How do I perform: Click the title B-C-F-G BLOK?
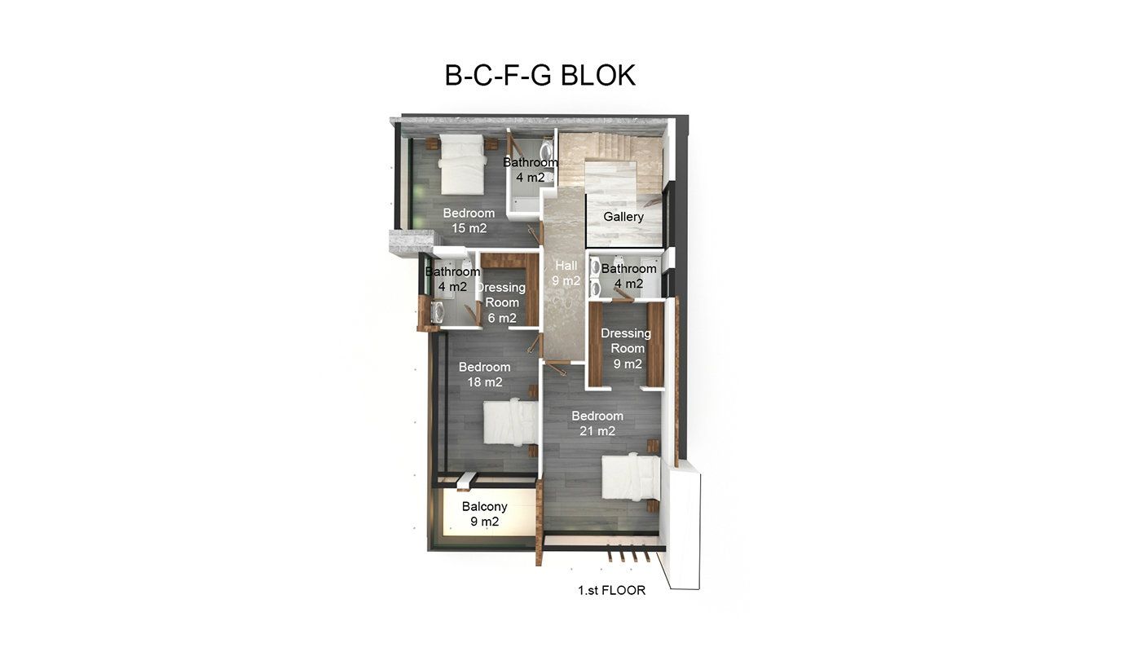click(540, 75)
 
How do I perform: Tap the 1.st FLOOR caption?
click(612, 590)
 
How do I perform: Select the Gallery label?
click(623, 217)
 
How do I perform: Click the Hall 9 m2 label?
click(566, 273)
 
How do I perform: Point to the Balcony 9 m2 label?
click(484, 514)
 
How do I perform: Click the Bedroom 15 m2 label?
click(469, 221)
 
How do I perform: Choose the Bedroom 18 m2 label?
click(484, 374)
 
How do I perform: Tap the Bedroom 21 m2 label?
click(597, 423)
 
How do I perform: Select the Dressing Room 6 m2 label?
click(502, 302)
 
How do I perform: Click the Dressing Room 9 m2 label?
click(627, 349)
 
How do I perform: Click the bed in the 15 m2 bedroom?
click(461, 164)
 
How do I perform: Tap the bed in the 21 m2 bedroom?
click(631, 478)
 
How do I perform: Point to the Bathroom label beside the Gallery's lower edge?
click(628, 276)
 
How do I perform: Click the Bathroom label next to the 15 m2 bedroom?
click(531, 170)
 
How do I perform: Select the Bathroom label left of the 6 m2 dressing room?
click(452, 279)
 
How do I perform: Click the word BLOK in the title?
click(598, 75)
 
